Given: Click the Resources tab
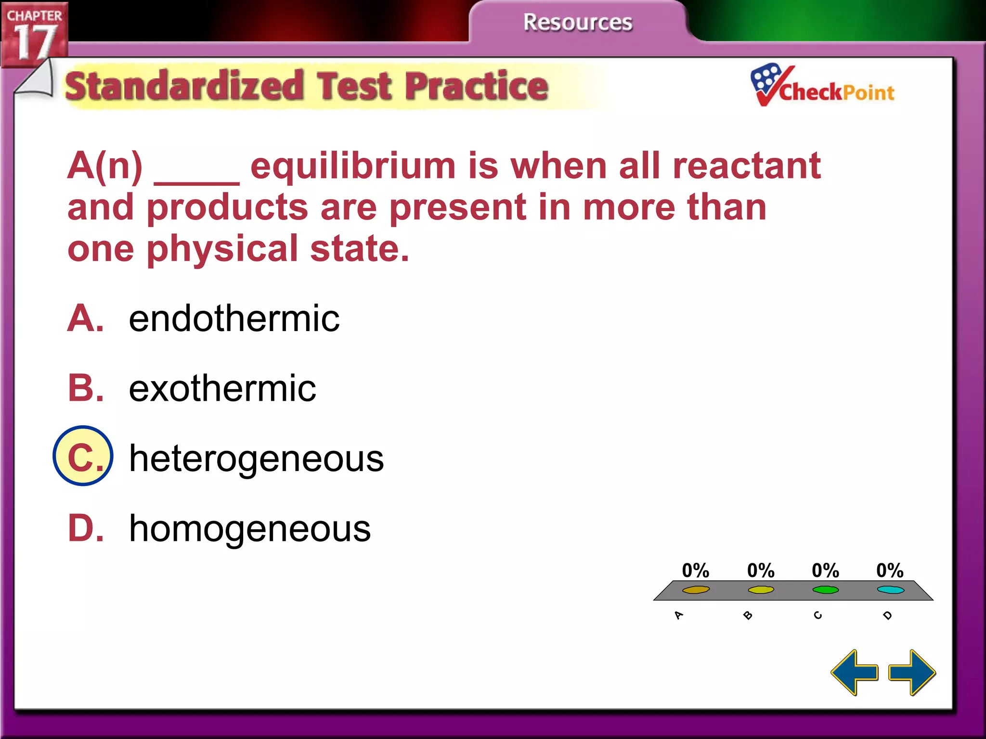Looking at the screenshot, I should (x=578, y=23).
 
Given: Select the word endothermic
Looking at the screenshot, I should (x=234, y=319).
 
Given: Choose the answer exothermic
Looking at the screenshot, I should (x=222, y=388).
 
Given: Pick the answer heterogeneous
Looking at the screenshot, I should (x=256, y=458).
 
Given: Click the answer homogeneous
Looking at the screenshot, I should (x=250, y=528).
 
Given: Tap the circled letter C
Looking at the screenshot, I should (x=83, y=456).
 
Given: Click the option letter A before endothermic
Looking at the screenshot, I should (x=85, y=319).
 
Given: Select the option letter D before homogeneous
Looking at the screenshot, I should (x=85, y=528).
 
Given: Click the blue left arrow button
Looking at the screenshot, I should (x=855, y=672).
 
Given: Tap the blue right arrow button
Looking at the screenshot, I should (x=912, y=672).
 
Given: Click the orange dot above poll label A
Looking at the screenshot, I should (x=696, y=590).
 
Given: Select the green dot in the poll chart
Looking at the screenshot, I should (x=825, y=590).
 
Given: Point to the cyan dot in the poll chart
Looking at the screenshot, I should (x=890, y=590).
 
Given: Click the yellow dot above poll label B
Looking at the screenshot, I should (x=761, y=590).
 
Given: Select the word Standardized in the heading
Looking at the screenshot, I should (x=184, y=87).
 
